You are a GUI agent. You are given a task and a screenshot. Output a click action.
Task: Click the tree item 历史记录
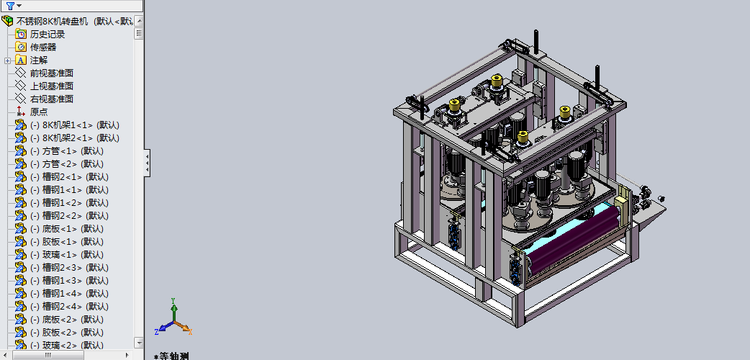tap(48, 35)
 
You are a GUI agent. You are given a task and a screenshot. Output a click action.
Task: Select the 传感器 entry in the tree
tap(43, 48)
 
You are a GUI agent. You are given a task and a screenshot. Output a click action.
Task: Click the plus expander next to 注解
tap(7, 60)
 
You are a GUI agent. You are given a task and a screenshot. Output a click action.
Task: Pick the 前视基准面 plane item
tap(52, 73)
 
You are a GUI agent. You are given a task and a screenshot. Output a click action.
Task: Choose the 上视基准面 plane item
tap(52, 86)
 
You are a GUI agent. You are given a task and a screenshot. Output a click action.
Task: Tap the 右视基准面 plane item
tap(52, 99)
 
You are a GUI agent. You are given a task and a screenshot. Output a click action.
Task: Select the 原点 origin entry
tap(39, 112)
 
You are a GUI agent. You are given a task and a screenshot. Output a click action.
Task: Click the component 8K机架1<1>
tap(75, 125)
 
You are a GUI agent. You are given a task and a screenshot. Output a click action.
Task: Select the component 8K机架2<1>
tap(75, 138)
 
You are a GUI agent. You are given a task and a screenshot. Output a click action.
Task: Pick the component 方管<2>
tap(67, 163)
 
